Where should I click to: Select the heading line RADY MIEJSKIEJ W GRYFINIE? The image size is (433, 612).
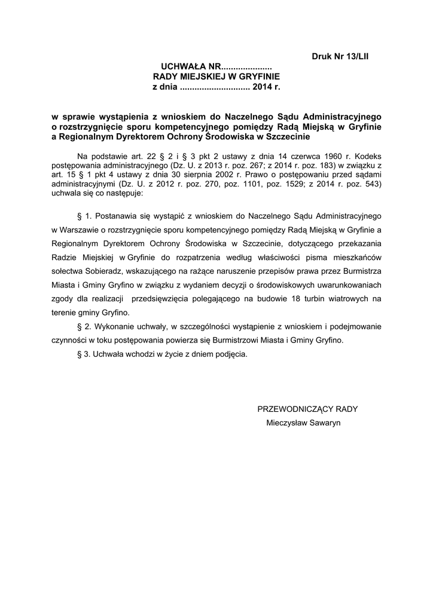216,77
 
